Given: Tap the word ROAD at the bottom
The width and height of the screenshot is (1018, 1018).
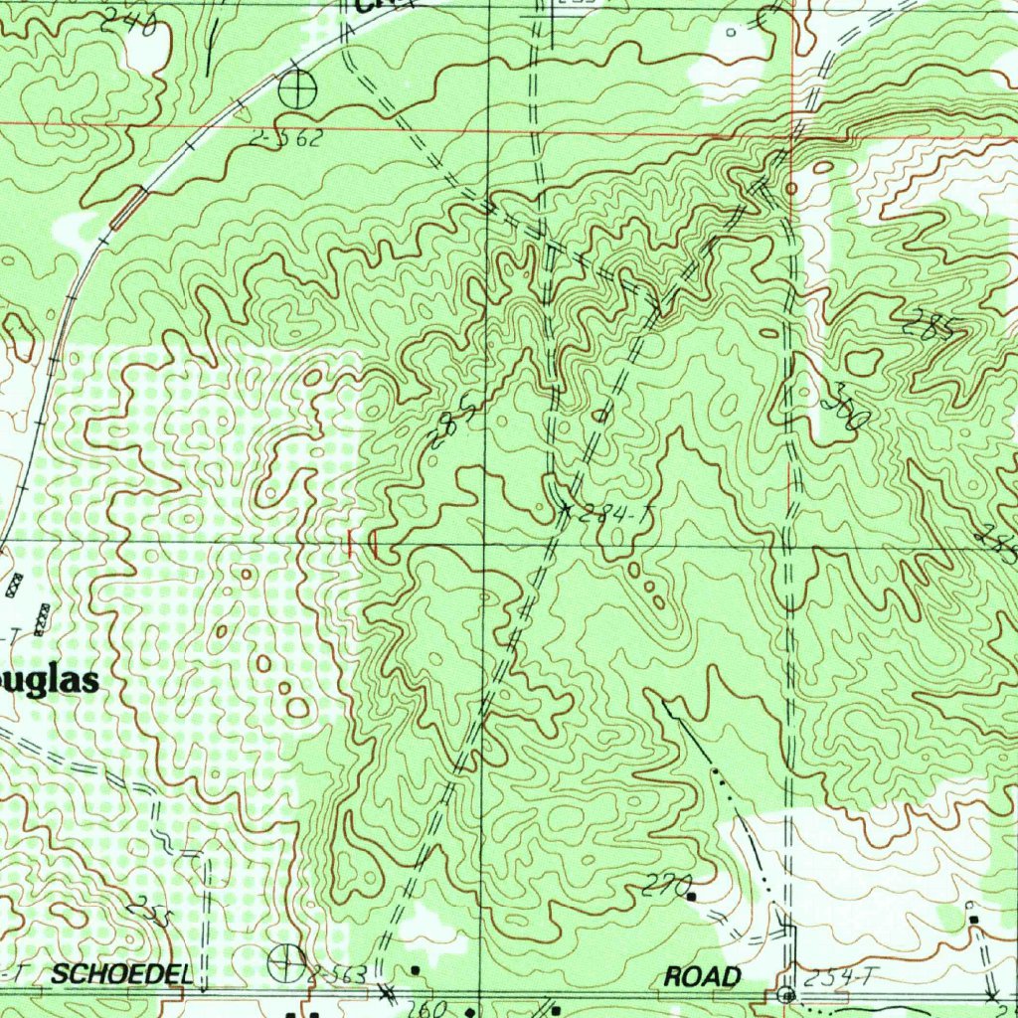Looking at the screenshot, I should tap(703, 976).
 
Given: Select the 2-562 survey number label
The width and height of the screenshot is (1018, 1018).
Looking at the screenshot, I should tap(286, 139).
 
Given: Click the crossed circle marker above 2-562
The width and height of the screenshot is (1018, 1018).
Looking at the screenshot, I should tap(297, 92).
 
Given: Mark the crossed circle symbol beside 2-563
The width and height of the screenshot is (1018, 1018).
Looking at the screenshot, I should tap(285, 961).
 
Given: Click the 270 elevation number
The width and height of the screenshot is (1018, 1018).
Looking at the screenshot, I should tap(660, 884).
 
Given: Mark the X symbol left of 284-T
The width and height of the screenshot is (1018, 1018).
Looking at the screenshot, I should tap(566, 509).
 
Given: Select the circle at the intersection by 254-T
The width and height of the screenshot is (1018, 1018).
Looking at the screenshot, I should tap(786, 994).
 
